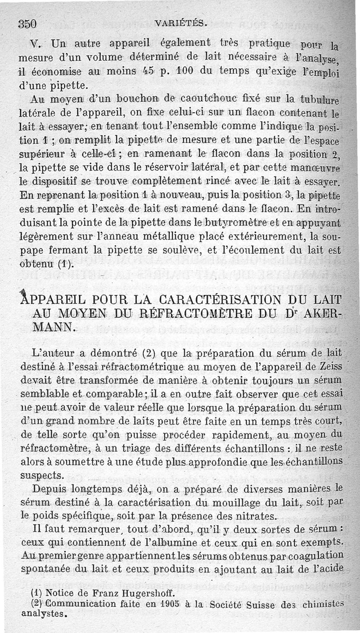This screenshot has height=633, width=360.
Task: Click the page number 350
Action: point(27,23)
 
